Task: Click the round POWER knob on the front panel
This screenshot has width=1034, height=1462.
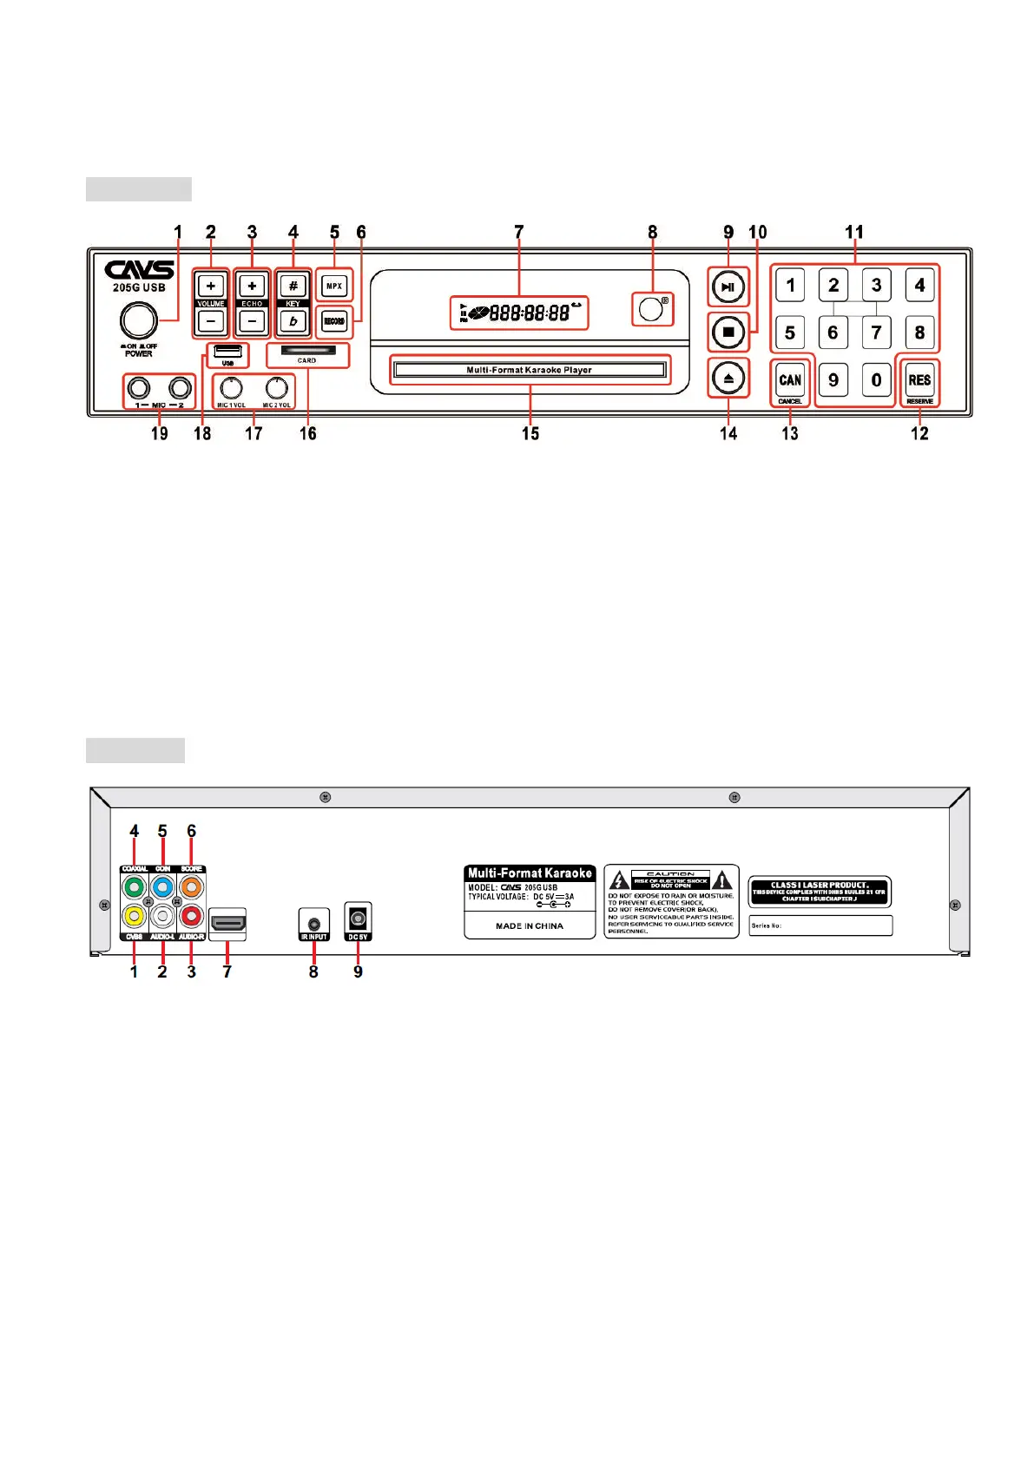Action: coord(138,320)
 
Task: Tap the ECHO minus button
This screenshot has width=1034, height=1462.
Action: coord(252,321)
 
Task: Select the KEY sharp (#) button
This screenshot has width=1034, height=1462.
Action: coord(293,286)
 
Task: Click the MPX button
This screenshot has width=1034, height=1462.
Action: coord(334,286)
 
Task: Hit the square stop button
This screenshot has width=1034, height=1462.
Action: coord(728,332)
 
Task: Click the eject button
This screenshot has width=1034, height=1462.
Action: coord(728,379)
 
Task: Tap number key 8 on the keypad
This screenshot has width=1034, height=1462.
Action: coord(919,332)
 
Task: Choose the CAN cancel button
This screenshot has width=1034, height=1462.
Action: coord(790,379)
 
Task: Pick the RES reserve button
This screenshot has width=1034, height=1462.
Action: coord(919,379)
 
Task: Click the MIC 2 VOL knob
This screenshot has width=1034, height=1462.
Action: coord(277,387)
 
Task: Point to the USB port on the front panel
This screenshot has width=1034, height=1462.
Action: coord(227,351)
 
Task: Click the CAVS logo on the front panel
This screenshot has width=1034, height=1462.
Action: coord(139,269)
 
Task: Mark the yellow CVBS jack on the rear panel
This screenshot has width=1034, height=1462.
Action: coord(134,915)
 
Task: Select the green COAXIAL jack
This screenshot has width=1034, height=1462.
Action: coord(134,888)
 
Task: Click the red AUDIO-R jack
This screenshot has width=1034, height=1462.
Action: coord(191,915)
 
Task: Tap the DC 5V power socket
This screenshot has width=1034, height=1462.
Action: coord(358,918)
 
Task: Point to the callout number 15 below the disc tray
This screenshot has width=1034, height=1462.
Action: coord(530,433)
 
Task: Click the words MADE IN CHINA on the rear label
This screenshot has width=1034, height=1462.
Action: coord(530,926)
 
